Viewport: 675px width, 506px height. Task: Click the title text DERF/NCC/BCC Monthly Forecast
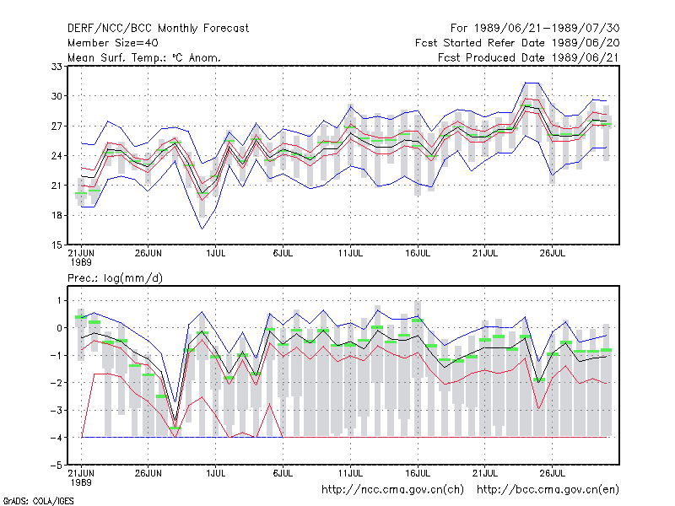pos(158,29)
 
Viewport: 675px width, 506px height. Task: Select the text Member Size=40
pos(113,43)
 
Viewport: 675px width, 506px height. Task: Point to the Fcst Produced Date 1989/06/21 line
pos(528,57)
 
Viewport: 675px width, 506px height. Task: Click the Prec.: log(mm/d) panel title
pos(115,278)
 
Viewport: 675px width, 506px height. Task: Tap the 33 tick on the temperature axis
pos(57,67)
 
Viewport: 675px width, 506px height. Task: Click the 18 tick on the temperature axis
pos(57,215)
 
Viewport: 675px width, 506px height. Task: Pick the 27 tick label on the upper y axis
pos(57,126)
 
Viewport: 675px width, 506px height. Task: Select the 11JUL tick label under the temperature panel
pos(350,254)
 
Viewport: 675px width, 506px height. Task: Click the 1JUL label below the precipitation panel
pos(216,473)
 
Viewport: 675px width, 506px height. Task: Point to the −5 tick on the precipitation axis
pos(57,466)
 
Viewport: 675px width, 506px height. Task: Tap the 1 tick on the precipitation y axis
pos(59,300)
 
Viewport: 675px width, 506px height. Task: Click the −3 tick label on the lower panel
pos(57,410)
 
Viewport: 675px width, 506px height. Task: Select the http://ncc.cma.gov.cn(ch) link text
pos(392,490)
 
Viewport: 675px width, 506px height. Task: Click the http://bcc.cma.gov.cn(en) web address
pos(548,490)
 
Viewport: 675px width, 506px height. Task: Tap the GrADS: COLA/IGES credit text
pos(38,501)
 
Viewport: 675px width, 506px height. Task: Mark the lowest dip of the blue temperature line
pos(202,229)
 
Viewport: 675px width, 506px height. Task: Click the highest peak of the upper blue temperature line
pos(526,83)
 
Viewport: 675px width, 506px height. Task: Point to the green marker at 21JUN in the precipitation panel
pos(81,317)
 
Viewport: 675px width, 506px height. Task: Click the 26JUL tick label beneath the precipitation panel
pos(553,473)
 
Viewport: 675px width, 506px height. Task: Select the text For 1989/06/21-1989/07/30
pos(535,29)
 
